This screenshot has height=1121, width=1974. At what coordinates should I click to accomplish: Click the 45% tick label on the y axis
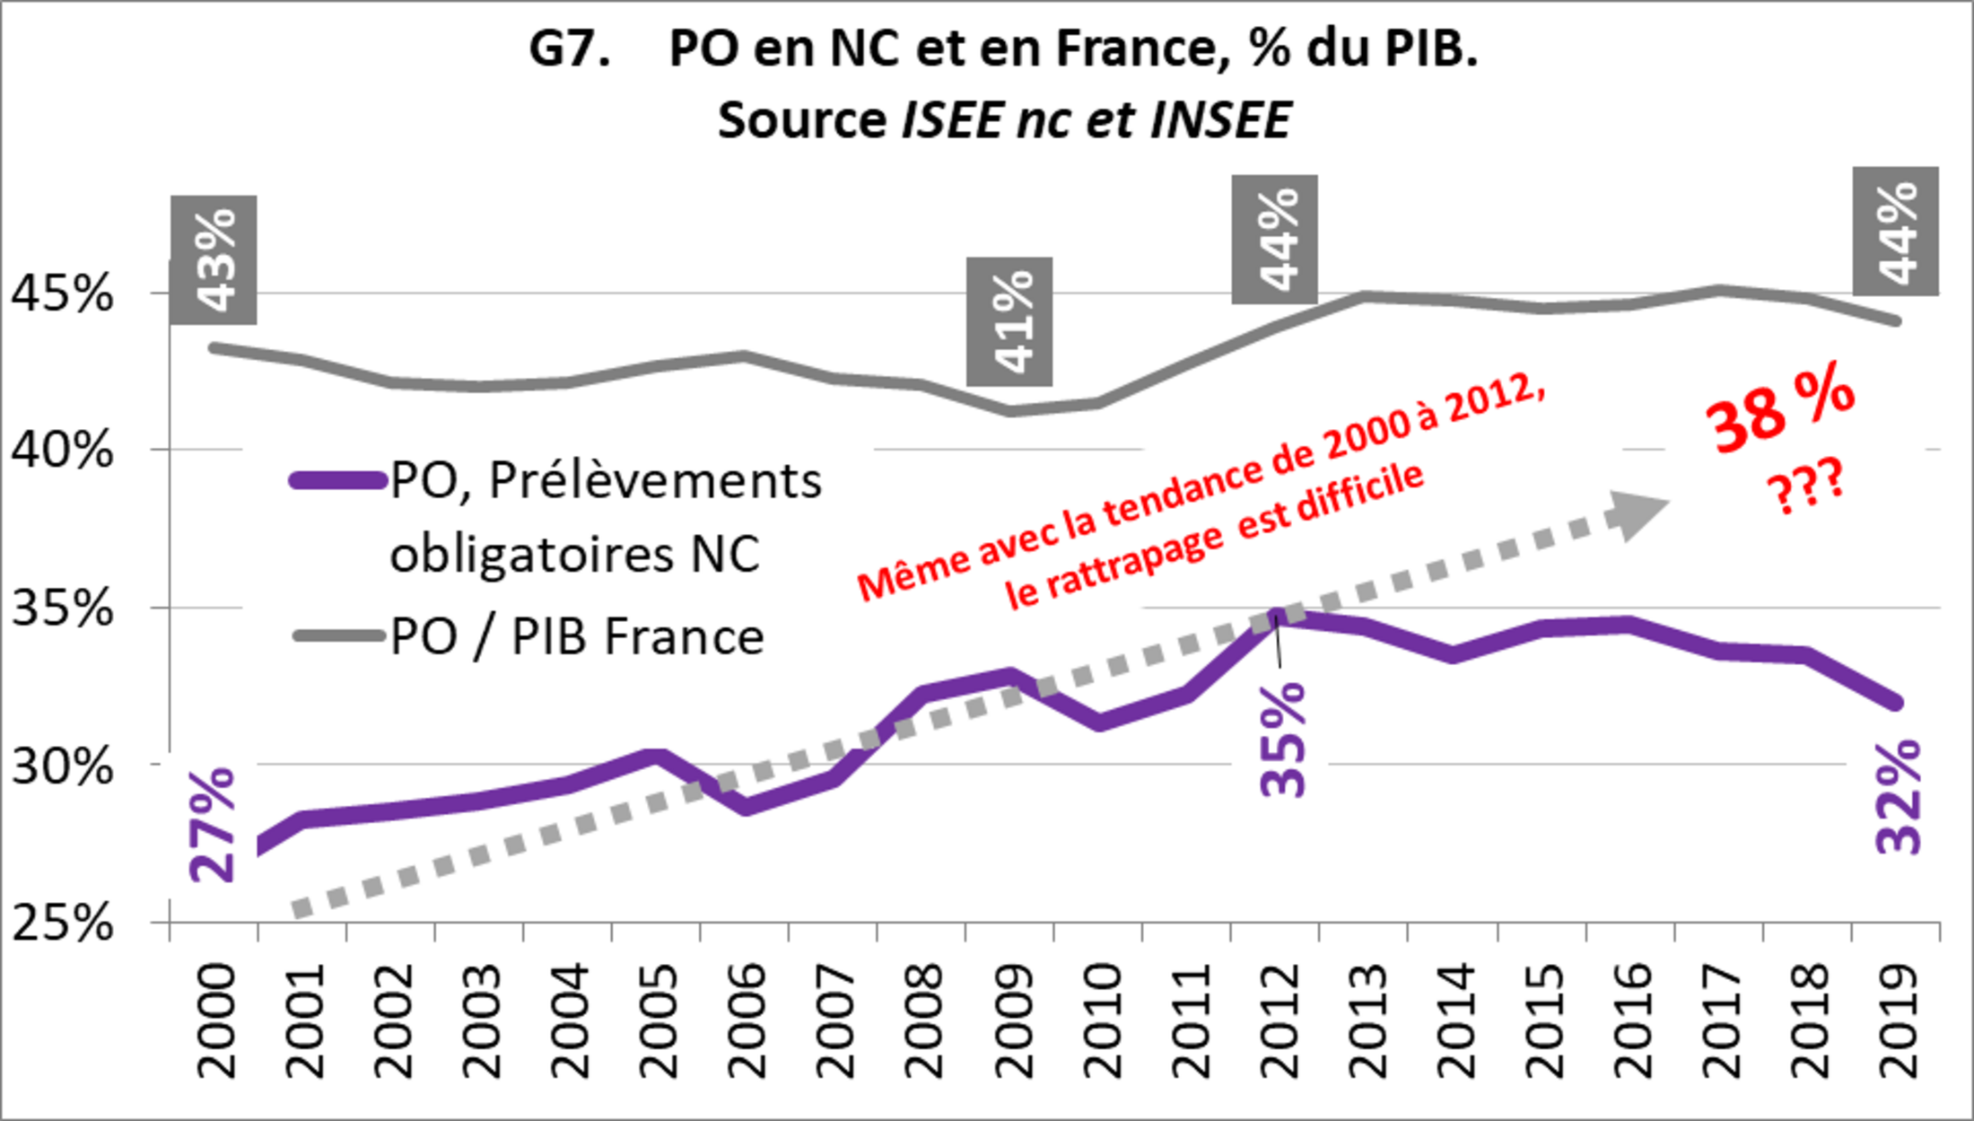click(61, 293)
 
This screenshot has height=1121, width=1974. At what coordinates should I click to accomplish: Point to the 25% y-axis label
click(61, 923)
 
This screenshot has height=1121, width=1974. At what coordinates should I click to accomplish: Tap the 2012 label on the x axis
click(1280, 1021)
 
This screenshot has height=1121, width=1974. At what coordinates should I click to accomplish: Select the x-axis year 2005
click(659, 1021)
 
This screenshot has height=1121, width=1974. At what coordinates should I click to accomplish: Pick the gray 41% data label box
click(1009, 321)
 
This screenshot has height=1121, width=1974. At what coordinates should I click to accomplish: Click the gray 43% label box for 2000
click(214, 259)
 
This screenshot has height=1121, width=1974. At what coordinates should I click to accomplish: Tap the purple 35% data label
click(1283, 740)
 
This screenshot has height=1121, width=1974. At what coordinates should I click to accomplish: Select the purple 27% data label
click(213, 825)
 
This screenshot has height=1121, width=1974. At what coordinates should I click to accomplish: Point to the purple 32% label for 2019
click(1899, 797)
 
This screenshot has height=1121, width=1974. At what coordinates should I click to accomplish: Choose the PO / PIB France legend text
click(577, 637)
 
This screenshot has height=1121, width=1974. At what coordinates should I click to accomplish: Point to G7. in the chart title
click(570, 48)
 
